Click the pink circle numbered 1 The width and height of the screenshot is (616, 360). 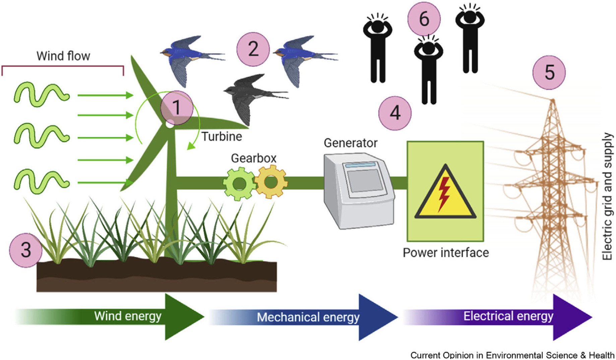coord(177,107)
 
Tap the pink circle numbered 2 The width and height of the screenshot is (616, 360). coord(253,49)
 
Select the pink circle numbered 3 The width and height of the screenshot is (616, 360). coord(26,250)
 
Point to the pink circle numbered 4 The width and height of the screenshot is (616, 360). coord(395,113)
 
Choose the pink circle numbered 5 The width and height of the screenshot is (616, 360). coord(549,72)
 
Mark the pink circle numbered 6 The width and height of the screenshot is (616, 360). coord(424,19)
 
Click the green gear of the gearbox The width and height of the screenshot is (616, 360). coord(239,184)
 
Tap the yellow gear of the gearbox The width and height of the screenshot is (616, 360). coord(271,182)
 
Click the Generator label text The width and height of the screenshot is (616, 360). coord(351,143)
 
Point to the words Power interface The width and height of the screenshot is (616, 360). coord(446,253)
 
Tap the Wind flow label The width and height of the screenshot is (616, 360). coord(63,56)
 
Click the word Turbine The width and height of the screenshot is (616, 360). coord(222,136)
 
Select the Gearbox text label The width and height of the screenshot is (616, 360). coord(254,158)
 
